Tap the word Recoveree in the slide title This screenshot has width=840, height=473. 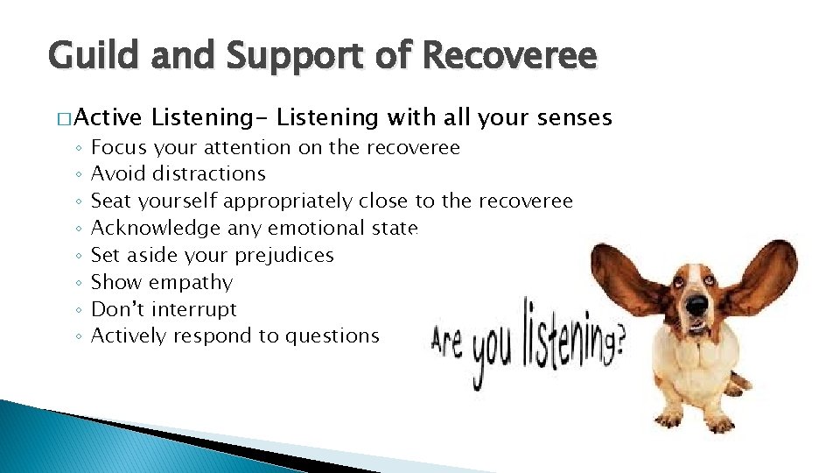(x=509, y=57)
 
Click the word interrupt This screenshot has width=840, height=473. (x=193, y=310)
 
